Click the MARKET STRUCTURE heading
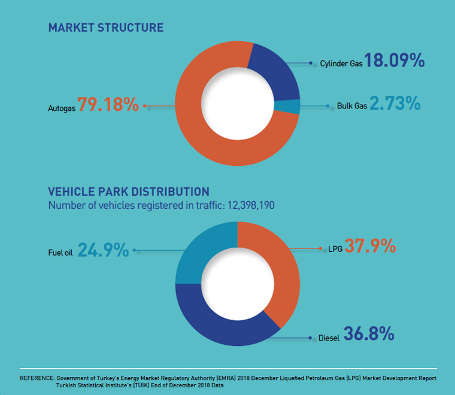[x=105, y=28]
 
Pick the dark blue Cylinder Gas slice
[x=277, y=70]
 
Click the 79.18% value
[x=108, y=104]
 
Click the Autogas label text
[x=60, y=109]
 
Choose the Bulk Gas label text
[x=350, y=107]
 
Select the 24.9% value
[x=103, y=250]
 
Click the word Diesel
[x=327, y=338]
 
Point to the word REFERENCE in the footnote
[x=37, y=379]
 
